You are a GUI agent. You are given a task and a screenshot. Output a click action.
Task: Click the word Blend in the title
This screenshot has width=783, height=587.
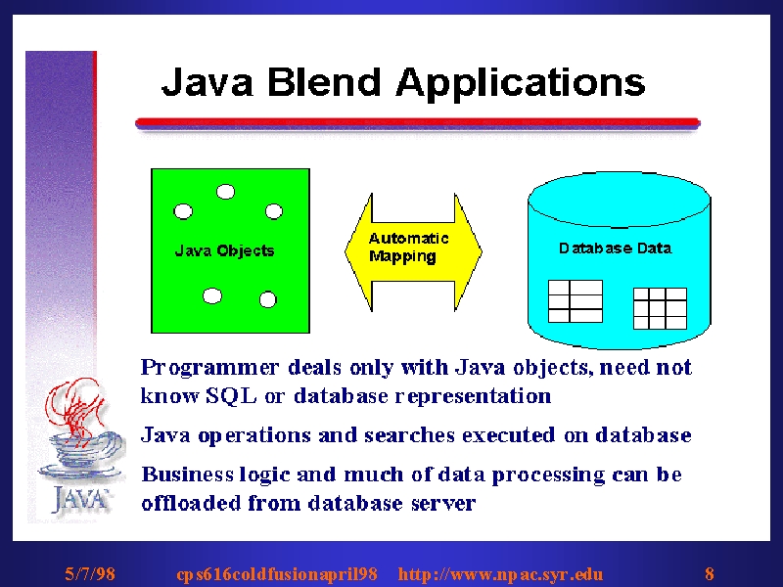[324, 81]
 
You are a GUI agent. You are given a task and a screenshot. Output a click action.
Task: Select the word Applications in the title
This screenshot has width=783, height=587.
[521, 84]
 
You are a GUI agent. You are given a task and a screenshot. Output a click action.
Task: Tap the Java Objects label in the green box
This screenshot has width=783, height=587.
[225, 250]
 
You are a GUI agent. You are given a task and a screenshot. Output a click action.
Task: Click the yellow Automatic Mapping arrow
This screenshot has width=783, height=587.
[413, 252]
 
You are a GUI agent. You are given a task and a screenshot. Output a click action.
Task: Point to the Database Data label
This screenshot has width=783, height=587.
[616, 248]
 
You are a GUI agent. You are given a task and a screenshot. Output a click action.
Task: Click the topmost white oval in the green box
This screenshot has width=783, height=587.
[226, 192]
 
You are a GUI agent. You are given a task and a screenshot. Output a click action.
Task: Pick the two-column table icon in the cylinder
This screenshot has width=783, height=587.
[576, 301]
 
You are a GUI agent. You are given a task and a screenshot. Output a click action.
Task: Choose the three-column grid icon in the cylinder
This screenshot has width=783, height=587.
[660, 308]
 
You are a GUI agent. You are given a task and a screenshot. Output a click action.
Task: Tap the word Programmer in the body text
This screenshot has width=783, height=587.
[209, 368]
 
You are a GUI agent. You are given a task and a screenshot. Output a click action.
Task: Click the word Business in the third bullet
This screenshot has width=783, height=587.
[187, 474]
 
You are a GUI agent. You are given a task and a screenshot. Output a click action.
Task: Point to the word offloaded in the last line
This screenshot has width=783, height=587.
[191, 503]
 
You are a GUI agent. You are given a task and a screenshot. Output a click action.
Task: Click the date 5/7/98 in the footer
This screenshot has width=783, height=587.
[90, 573]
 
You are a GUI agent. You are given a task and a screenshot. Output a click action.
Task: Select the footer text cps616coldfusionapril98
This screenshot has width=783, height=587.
[277, 574]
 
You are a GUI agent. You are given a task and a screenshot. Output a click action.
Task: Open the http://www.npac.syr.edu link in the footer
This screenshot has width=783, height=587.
[500, 574]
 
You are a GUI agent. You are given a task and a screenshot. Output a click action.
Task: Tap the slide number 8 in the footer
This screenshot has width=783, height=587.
[709, 573]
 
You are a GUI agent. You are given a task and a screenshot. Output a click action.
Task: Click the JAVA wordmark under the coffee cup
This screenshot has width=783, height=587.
[80, 499]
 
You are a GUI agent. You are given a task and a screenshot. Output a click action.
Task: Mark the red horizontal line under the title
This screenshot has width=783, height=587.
[418, 122]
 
